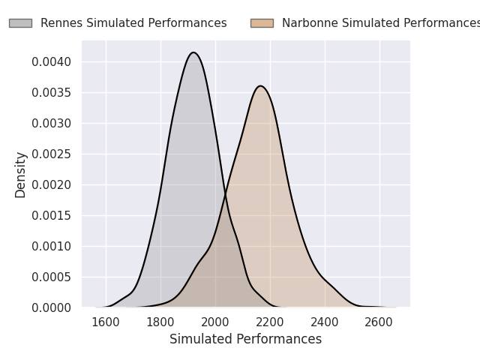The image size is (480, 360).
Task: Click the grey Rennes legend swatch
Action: (20, 23)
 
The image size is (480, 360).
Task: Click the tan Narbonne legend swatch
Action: (262, 23)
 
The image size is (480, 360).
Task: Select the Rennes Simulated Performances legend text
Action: (133, 23)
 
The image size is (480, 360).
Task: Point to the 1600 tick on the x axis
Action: (106, 322)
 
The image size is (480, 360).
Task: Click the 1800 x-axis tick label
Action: (160, 322)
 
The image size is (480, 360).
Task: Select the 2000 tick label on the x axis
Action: (215, 322)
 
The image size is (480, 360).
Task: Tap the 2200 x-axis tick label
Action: (270, 322)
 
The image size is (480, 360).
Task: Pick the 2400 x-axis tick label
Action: (325, 322)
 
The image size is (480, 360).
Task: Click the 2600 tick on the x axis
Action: (379, 322)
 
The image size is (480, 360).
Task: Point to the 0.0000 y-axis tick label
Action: (52, 307)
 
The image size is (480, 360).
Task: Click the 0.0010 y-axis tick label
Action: (52, 246)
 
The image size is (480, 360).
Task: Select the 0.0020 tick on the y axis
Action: (52, 184)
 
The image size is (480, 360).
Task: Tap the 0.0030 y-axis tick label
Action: (52, 123)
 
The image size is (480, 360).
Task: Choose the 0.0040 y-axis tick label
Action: (52, 61)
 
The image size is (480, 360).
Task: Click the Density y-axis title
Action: (21, 175)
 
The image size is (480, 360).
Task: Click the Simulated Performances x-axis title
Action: (245, 339)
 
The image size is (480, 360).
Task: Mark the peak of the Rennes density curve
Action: (193, 52)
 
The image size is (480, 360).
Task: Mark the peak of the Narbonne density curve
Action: (261, 85)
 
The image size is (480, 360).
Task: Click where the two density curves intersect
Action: (225, 195)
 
